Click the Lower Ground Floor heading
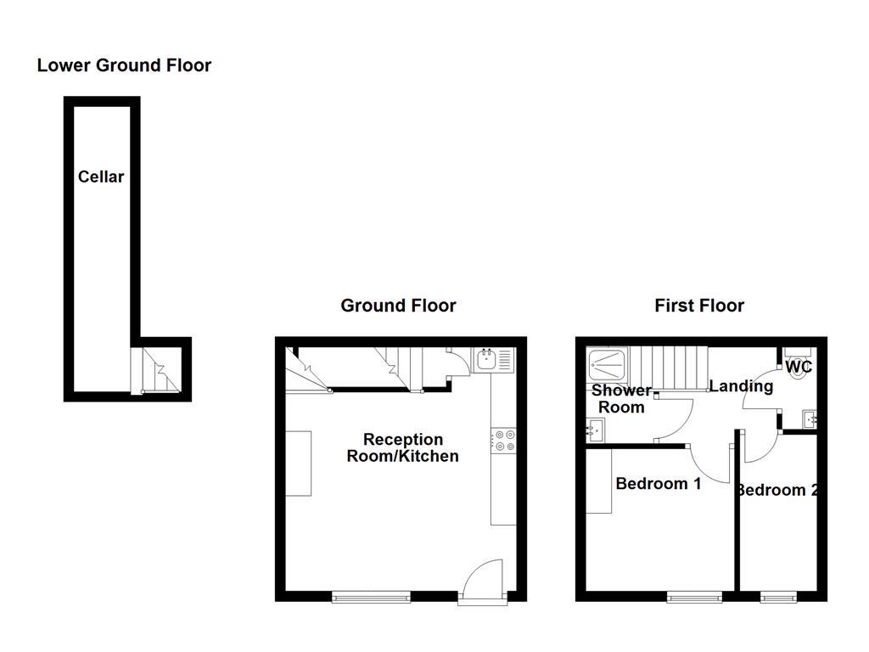124,65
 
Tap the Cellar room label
101,177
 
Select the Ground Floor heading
398,306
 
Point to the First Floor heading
699,306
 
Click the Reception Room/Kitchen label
403,447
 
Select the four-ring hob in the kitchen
502,441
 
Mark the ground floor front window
371,597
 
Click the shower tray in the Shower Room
608,363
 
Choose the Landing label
741,386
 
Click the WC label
799,368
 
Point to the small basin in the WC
809,418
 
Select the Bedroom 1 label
659,484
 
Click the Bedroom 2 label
777,490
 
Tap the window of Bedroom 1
694,597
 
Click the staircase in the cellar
160,370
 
